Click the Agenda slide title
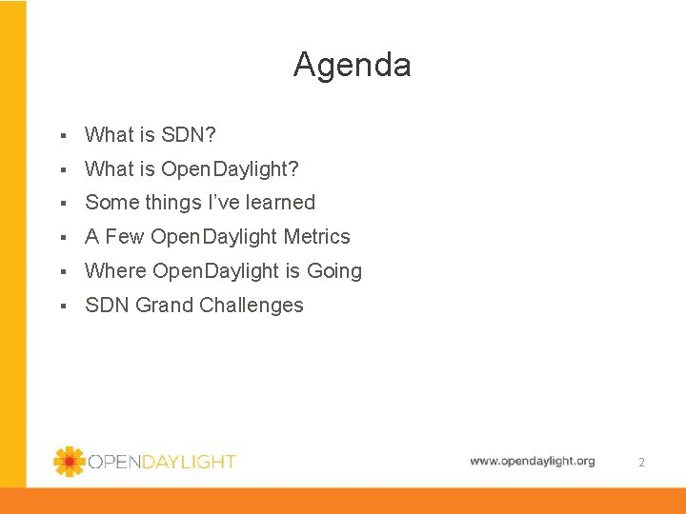(352, 65)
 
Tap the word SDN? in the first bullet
(190, 135)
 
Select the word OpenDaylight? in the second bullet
(230, 169)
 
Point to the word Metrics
(316, 237)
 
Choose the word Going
(333, 271)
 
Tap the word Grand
(171, 306)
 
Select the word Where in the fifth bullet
(115, 271)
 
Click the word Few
(124, 237)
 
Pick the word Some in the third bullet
(111, 203)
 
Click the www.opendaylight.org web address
(532, 461)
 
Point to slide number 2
(641, 463)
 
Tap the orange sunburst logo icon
(69, 462)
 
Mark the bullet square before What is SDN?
(61, 136)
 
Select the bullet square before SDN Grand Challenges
(61, 306)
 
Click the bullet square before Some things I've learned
(61, 204)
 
